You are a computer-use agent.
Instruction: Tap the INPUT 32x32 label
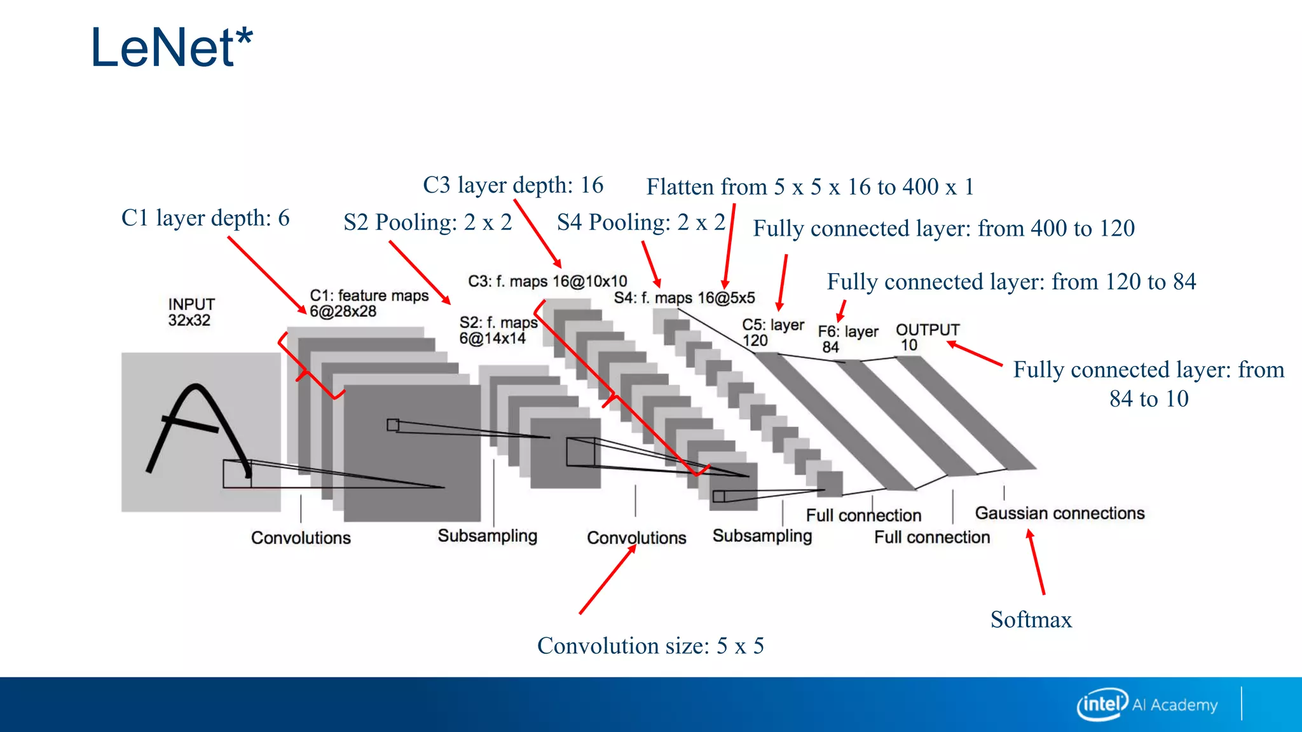pyautogui.click(x=191, y=312)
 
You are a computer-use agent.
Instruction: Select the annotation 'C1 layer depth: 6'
pyautogui.click(x=205, y=218)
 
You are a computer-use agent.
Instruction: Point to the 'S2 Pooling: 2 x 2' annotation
pyautogui.click(x=427, y=222)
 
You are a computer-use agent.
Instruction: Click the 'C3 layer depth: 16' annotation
pyautogui.click(x=513, y=185)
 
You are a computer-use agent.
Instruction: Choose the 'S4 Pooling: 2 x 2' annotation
pyautogui.click(x=641, y=222)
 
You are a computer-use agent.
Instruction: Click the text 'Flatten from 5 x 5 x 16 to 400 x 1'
pyautogui.click(x=810, y=187)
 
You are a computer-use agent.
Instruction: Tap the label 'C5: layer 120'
pyautogui.click(x=772, y=333)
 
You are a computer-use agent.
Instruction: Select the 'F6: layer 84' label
pyautogui.click(x=847, y=339)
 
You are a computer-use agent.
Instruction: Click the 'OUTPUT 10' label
pyautogui.click(x=927, y=337)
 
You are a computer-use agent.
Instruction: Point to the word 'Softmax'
pyautogui.click(x=1031, y=620)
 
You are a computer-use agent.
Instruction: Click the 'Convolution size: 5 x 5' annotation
pyautogui.click(x=650, y=646)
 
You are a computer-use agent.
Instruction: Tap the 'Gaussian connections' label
pyautogui.click(x=1059, y=513)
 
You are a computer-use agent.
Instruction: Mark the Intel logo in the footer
pyautogui.click(x=1102, y=704)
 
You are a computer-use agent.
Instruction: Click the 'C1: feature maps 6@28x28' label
pyautogui.click(x=369, y=304)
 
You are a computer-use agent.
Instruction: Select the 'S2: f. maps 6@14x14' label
pyautogui.click(x=498, y=330)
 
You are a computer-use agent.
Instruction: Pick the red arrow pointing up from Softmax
pyautogui.click(x=1036, y=562)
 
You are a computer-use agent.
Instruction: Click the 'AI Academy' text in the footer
pyautogui.click(x=1175, y=705)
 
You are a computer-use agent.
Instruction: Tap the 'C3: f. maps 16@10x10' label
pyautogui.click(x=547, y=281)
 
